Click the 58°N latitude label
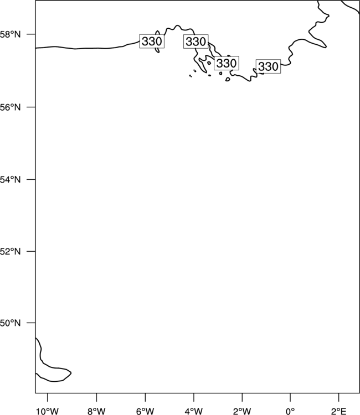[10, 34]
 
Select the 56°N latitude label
[10, 107]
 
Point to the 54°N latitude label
[10, 180]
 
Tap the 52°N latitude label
[10, 251]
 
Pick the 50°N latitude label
[10, 323]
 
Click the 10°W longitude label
[48, 411]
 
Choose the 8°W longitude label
[96, 411]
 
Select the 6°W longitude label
[145, 411]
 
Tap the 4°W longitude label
[194, 411]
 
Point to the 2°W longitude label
[242, 411]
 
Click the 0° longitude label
[290, 411]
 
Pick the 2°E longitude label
[338, 411]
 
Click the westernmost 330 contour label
[152, 41]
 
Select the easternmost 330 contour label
[269, 66]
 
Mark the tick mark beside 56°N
[30, 107]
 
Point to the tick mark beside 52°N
[30, 251]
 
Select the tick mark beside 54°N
[30, 179]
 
